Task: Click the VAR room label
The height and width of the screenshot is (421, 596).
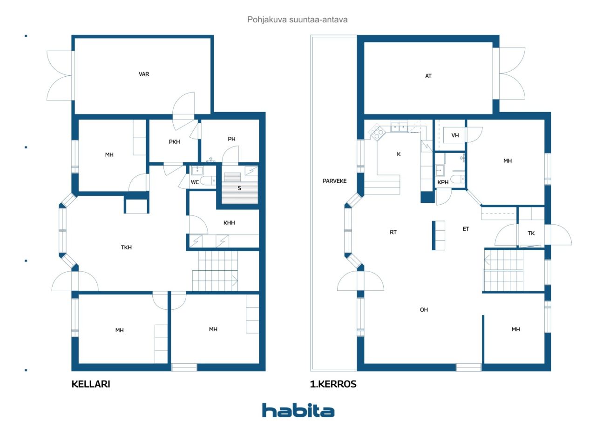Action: tap(144, 74)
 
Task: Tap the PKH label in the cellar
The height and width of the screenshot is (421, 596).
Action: tap(174, 142)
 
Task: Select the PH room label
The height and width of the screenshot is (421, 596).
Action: tap(231, 139)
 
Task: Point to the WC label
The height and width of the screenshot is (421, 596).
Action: tap(195, 182)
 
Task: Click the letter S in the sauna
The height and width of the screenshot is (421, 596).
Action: tap(239, 188)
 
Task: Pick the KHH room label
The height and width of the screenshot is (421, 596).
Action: tap(229, 223)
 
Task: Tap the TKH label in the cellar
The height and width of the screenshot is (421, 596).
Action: tap(126, 247)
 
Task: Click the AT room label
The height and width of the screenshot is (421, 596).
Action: tap(428, 76)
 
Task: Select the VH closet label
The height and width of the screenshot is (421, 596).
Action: tap(455, 135)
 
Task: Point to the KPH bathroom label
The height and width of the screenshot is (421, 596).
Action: tap(443, 182)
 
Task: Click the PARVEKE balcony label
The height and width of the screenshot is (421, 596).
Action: tap(334, 181)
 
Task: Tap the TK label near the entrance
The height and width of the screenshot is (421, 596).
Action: tap(531, 234)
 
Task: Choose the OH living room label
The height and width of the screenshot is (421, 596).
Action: tap(424, 310)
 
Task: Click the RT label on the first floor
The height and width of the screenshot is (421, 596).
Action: tap(393, 232)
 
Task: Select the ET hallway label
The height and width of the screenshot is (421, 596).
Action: tap(466, 229)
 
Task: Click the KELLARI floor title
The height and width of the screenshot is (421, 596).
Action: tap(91, 384)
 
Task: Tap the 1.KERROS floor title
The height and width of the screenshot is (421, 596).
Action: tap(333, 384)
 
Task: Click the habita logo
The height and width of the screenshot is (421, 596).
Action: tap(298, 410)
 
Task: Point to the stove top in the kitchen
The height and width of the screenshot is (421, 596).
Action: tap(377, 132)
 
